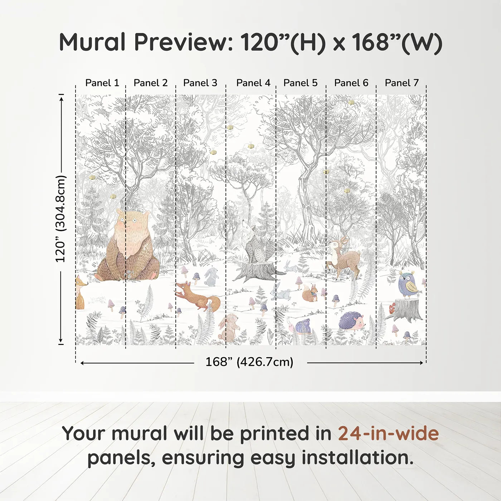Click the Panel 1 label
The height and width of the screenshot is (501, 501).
click(102, 83)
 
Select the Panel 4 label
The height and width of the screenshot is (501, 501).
click(253, 83)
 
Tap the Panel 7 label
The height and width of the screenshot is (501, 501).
click(402, 83)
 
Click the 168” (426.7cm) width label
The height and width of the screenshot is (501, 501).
click(249, 362)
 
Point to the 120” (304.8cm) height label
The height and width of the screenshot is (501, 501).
click(60, 219)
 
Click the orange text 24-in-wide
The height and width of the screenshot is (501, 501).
click(388, 433)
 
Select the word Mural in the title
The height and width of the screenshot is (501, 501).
click(92, 42)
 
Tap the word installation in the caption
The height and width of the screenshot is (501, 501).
click(357, 458)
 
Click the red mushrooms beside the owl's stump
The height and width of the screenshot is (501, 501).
click(392, 308)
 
